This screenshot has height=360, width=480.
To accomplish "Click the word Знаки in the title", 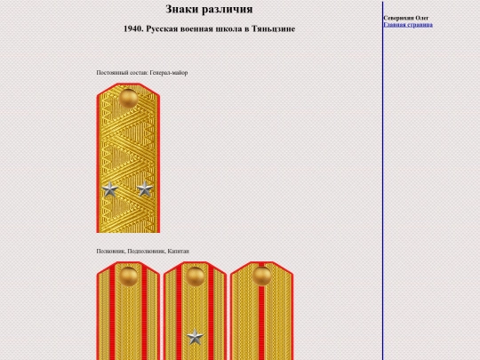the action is click(x=181, y=9).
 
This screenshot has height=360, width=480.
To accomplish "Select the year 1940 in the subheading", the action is click(x=133, y=28).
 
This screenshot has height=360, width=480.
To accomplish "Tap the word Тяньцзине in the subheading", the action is click(x=274, y=29).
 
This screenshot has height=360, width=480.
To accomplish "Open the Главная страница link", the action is click(x=408, y=25).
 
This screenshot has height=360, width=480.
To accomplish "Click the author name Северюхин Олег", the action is click(x=406, y=18).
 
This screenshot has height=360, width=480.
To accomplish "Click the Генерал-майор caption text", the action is click(x=168, y=73).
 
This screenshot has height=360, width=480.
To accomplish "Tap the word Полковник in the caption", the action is click(x=110, y=252).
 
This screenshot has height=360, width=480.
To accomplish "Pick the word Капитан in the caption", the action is click(x=178, y=252).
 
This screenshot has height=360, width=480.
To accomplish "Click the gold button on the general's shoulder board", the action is click(x=128, y=99).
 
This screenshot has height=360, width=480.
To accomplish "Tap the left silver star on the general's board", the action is click(x=109, y=189).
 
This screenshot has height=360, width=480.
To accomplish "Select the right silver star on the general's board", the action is click(x=145, y=188).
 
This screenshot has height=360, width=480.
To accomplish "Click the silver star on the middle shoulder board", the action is click(x=195, y=337).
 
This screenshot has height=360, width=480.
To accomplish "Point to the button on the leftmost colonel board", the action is click(x=128, y=276).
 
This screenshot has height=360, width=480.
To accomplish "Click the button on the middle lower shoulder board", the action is click(x=195, y=276).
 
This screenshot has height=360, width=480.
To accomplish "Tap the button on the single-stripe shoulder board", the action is click(x=261, y=276).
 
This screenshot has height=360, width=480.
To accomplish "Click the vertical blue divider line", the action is click(x=382, y=180).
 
